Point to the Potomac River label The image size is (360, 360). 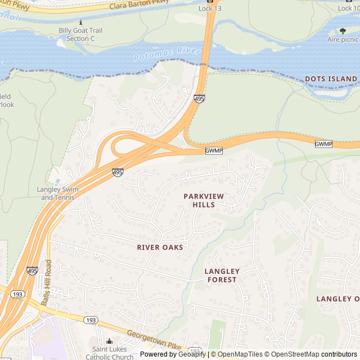click(167, 55)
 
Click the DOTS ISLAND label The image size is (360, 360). click(331, 79)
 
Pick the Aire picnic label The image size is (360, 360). click(343, 39)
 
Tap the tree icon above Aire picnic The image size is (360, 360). click(343, 31)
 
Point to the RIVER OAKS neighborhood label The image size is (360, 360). click(160, 247)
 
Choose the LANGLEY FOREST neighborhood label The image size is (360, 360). click(222, 275)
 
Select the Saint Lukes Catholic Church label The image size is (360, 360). click(109, 353)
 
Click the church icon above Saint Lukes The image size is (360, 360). click(109, 341)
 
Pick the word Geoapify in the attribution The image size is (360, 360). click(192, 354)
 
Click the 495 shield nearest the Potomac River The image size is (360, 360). click(199, 98)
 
